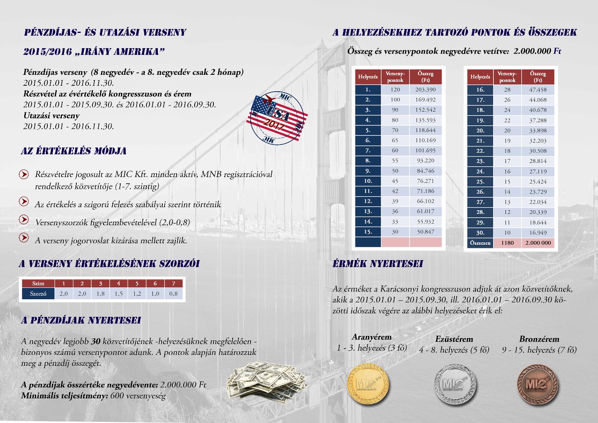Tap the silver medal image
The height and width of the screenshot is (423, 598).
pyautogui.click(x=455, y=383)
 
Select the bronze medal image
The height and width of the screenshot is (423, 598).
pyautogui.click(x=537, y=384)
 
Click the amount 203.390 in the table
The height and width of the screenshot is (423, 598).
pyautogui.click(x=425, y=90)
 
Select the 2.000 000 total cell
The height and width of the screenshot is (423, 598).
pyautogui.click(x=538, y=243)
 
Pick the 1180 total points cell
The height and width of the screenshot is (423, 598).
pyautogui.click(x=507, y=243)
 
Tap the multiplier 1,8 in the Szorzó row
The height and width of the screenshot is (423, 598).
pyautogui.click(x=100, y=293)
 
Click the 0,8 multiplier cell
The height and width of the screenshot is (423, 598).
pyautogui.click(x=173, y=293)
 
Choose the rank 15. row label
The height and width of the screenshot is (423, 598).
pyautogui.click(x=368, y=232)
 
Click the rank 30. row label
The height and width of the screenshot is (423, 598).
pyautogui.click(x=480, y=233)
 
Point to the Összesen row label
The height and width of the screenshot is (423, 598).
pyautogui.click(x=480, y=243)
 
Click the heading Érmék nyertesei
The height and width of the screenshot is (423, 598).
pyautogui.click(x=378, y=264)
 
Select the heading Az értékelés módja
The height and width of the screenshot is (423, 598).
pyautogui.click(x=74, y=151)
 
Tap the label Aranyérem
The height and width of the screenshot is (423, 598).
pyautogui.click(x=371, y=337)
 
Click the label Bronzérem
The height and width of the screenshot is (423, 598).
pyautogui.click(x=539, y=339)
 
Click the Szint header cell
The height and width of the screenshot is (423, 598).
pyautogui.click(x=38, y=283)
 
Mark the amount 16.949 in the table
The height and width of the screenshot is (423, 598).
pyautogui.click(x=538, y=233)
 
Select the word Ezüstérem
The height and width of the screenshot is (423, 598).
pyautogui.click(x=454, y=339)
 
